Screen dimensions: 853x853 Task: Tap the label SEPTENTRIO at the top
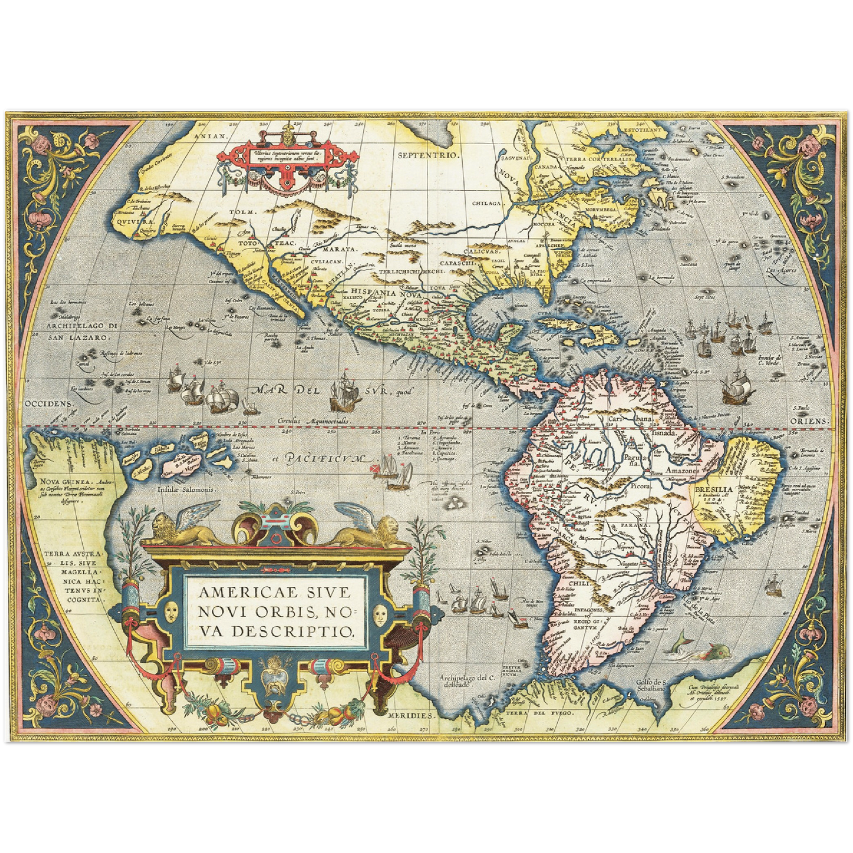[428, 155]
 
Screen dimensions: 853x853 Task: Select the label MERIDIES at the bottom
[410, 715]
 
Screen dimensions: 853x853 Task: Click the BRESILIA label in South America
[714, 489]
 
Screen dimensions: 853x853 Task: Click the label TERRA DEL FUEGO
[545, 713]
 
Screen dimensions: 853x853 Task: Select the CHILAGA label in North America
[486, 203]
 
